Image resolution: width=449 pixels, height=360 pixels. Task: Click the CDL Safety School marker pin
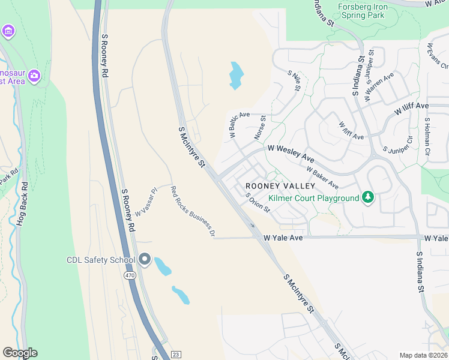[x=145, y=259]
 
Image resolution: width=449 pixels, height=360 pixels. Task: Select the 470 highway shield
[x=130, y=275]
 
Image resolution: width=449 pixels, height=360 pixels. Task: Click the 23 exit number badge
[x=175, y=355]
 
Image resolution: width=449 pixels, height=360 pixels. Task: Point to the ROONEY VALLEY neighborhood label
[x=280, y=186]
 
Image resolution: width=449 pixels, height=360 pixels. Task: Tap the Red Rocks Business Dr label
[x=193, y=211]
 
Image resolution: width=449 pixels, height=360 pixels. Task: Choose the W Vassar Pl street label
[x=146, y=202]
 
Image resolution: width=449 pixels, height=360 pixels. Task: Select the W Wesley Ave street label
[x=291, y=152]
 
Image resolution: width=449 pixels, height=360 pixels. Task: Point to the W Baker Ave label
[x=322, y=177]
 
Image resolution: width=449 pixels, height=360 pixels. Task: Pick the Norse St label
[x=259, y=127]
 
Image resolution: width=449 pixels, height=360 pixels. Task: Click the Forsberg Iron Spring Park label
[x=363, y=11]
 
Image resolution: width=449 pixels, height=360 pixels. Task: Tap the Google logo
[x=20, y=353]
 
